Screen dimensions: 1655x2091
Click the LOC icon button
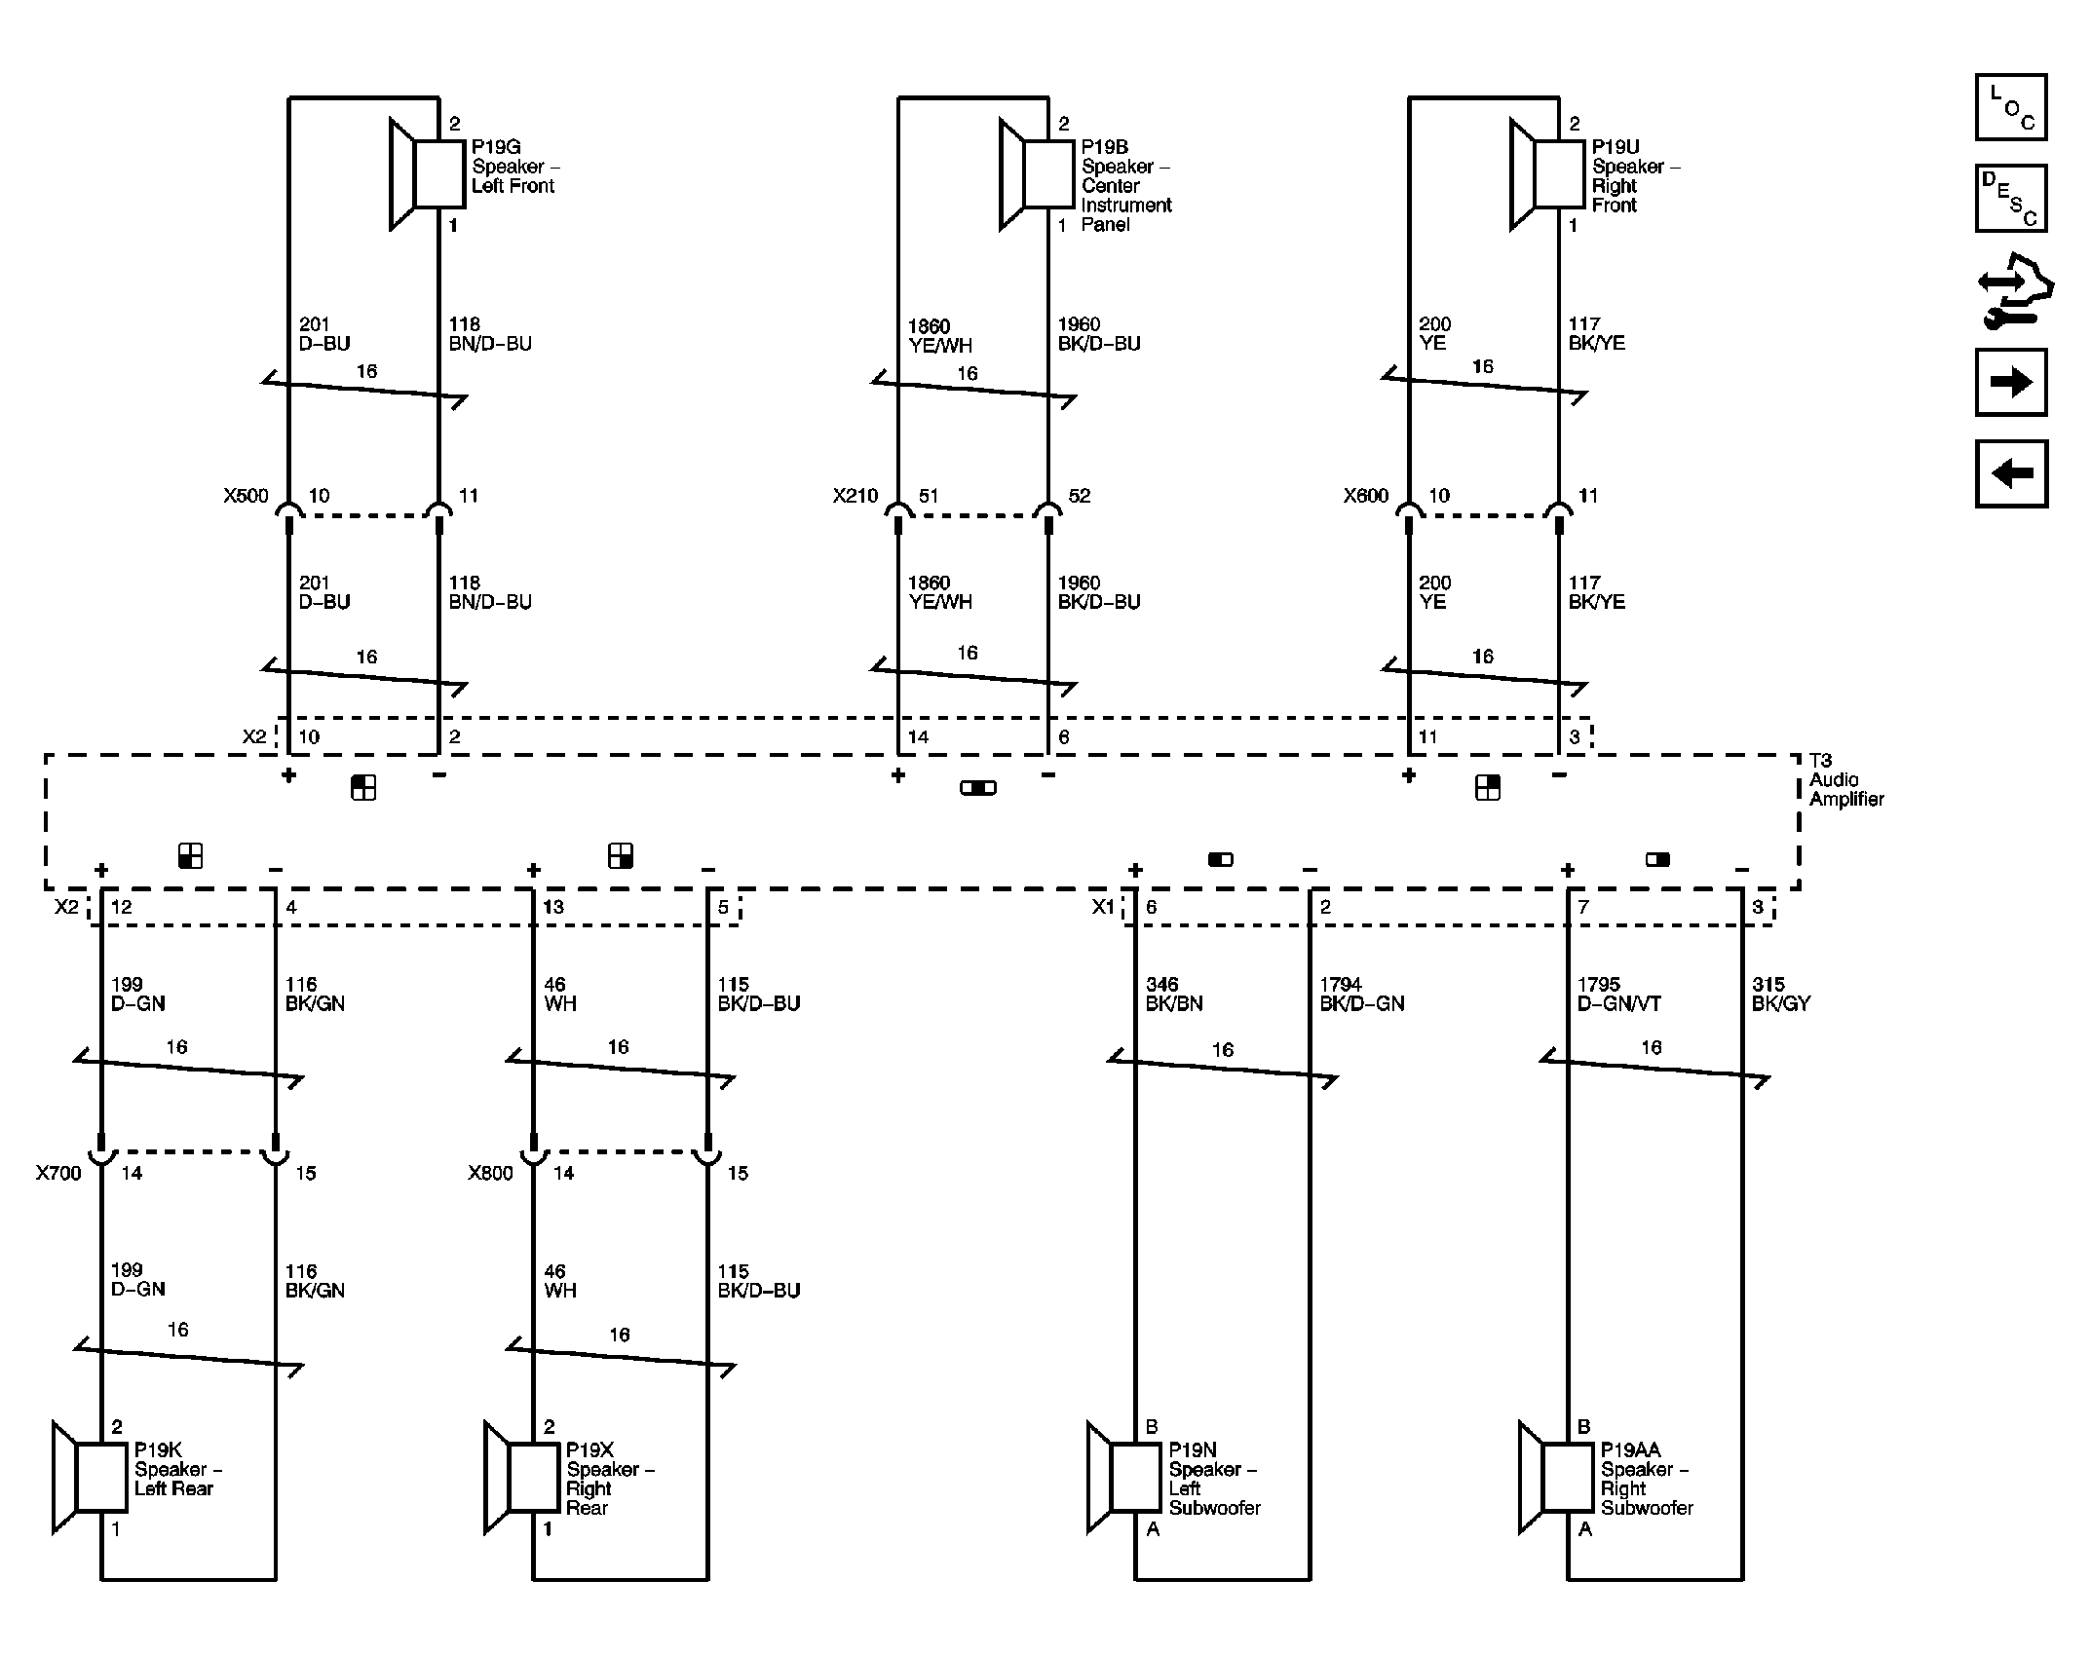pyautogui.click(x=2010, y=107)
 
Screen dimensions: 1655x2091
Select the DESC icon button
pyautogui.click(x=2010, y=199)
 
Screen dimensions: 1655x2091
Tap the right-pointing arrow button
pyautogui.click(x=2010, y=382)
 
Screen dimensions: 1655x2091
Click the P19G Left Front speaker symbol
pyautogui.click(x=427, y=174)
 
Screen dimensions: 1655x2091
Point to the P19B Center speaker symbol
pyautogui.click(x=1037, y=174)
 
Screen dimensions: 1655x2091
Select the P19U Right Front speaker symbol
pyautogui.click(x=1546, y=174)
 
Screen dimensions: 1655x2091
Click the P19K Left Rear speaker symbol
pyautogui.click(x=90, y=1477)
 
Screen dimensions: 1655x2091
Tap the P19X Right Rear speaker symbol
pyautogui.click(x=521, y=1477)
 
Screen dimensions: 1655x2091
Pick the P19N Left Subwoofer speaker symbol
pyautogui.click(x=1123, y=1477)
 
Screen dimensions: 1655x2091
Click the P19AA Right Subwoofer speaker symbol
pyautogui.click(x=1555, y=1477)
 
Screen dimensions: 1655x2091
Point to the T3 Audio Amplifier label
pyautogui.click(x=1845, y=779)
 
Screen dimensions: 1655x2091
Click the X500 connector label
pyautogui.click(x=246, y=496)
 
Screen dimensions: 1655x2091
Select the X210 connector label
pyautogui.click(x=855, y=496)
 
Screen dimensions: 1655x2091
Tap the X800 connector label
pyautogui.click(x=490, y=1174)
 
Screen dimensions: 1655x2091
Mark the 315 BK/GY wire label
pyautogui.click(x=1780, y=994)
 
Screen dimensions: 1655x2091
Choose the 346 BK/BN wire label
pyautogui.click(x=1173, y=994)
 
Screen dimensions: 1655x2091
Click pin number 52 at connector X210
pyautogui.click(x=1079, y=496)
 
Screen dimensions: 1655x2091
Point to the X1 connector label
pyautogui.click(x=1102, y=907)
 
